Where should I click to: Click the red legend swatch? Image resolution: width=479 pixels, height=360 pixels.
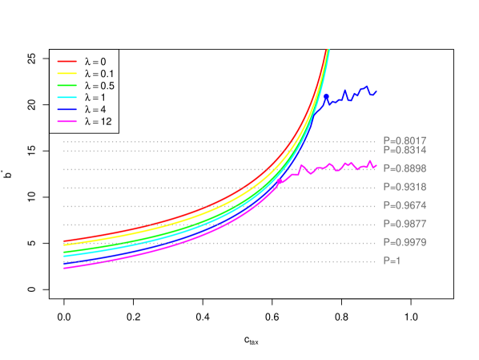tap(66, 61)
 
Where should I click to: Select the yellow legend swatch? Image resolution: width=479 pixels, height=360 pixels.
tap(66, 73)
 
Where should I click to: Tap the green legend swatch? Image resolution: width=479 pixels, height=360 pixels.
tap(66, 85)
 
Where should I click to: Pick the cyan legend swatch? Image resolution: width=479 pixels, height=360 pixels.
tap(66, 97)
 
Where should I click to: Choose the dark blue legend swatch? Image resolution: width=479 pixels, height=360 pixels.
tap(66, 109)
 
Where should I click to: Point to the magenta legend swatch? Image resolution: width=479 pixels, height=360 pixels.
tap(66, 122)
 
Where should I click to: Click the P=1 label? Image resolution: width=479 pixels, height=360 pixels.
tap(392, 261)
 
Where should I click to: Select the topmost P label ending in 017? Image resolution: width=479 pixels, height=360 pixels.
tap(405, 141)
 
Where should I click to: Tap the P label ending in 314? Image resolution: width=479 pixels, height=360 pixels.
tap(405, 151)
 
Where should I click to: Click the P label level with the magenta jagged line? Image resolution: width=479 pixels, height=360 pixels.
tap(405, 169)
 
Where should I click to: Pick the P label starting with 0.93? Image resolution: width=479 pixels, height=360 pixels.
tap(405, 188)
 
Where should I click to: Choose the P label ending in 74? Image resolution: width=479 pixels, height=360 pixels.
tap(405, 206)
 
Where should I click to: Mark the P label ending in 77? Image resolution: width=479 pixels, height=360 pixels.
tap(405, 224)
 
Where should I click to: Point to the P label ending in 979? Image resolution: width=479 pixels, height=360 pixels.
tap(405, 242)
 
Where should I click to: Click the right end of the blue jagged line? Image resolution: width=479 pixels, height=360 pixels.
tap(376, 91)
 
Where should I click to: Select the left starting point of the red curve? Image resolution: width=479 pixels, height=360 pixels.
tap(64, 241)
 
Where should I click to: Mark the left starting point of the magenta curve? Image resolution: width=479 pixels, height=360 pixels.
tap(64, 268)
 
